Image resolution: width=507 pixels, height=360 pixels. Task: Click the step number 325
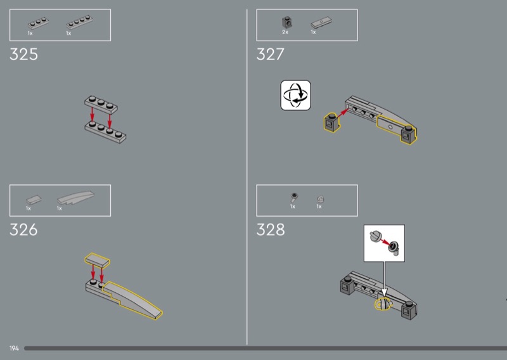pos(23,54)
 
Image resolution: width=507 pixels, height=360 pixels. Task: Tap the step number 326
pos(23,229)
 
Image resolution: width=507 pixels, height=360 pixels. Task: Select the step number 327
pos(271,54)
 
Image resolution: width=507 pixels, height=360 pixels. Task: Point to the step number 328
pos(271,229)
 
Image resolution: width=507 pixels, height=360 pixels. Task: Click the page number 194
pos(14,349)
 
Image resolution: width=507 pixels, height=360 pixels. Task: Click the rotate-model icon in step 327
pos(295,96)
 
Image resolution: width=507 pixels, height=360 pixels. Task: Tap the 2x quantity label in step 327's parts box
pos(285,32)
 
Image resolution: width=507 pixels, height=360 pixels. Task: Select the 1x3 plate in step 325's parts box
pos(38,23)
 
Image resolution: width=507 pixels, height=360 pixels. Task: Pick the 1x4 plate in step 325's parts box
pos(80,22)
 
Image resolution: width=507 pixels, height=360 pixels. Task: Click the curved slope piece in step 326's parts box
pos(75,197)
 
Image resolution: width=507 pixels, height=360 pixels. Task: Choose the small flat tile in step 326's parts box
pos(34,200)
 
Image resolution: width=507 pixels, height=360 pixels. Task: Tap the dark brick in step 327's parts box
pos(286,22)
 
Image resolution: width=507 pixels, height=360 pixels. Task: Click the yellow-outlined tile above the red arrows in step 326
pos(98,260)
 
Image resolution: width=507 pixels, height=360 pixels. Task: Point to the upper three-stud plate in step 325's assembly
pos(101,104)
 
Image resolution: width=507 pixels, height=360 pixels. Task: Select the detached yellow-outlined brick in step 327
pos(331,122)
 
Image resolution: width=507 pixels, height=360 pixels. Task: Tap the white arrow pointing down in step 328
pos(384,279)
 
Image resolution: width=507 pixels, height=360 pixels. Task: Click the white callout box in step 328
pos(384,243)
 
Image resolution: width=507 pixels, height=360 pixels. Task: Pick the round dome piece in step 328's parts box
pos(320,199)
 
